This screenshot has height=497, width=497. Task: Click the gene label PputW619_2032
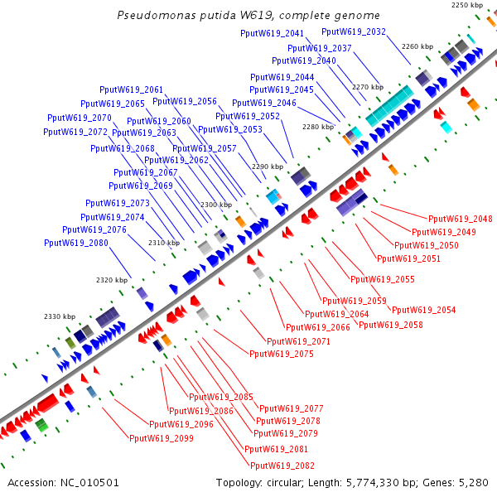point(353,31)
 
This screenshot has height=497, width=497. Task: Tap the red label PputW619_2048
point(461,219)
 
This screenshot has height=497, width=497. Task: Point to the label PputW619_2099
point(162,438)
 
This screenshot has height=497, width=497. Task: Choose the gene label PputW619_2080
point(76,243)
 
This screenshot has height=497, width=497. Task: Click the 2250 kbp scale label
point(466,6)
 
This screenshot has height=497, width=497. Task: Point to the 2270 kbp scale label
point(368,87)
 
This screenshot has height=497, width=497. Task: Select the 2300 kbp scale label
point(215,205)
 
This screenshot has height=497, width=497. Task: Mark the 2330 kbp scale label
point(60,316)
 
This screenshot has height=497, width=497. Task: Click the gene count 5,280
point(473,482)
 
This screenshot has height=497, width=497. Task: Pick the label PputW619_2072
point(75,132)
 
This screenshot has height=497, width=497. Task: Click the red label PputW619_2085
point(221,397)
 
